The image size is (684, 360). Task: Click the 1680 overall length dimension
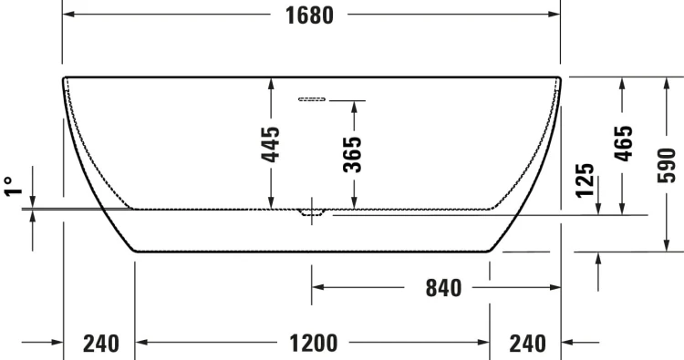click(311, 15)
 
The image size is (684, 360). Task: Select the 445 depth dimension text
click(270, 143)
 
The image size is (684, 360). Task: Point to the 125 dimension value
click(586, 180)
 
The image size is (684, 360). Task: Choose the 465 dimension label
click(623, 143)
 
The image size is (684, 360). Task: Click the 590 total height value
click(667, 164)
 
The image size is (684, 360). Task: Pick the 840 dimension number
click(443, 289)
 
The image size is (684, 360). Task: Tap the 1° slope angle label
click(13, 188)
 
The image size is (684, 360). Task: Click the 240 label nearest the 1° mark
click(100, 344)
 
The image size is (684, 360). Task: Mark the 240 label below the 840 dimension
click(526, 344)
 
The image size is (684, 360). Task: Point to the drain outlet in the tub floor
click(312, 213)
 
